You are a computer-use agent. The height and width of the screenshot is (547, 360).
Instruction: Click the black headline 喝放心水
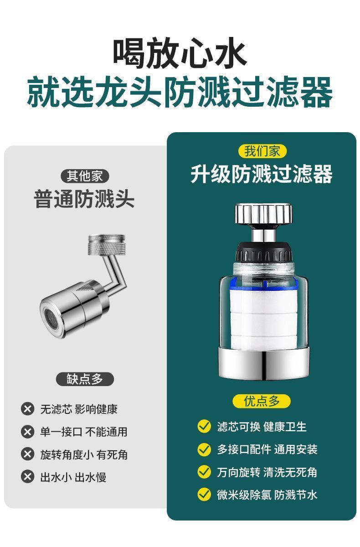click(x=180, y=53)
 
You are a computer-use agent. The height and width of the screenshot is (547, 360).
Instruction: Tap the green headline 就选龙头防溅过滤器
click(x=180, y=92)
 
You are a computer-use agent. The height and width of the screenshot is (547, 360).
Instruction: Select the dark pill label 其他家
click(x=85, y=176)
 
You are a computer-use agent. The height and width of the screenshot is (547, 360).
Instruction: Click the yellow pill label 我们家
click(x=262, y=151)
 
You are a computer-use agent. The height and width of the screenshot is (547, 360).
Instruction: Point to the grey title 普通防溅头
click(x=84, y=199)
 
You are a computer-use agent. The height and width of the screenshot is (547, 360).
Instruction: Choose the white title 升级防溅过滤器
click(x=262, y=174)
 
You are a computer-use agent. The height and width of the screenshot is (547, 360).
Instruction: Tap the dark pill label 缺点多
click(x=85, y=379)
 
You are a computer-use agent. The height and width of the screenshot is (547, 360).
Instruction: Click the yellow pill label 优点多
click(x=262, y=401)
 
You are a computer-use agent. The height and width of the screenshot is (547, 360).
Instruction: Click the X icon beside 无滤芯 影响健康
click(x=28, y=409)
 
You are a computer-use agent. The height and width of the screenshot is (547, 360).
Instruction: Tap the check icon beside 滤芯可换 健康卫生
click(x=204, y=427)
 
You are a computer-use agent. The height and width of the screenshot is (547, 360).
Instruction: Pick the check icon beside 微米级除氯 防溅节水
click(x=204, y=495)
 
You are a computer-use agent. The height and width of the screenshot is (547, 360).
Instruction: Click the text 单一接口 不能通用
click(x=84, y=432)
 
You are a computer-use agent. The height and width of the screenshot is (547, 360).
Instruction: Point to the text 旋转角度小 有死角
click(x=84, y=454)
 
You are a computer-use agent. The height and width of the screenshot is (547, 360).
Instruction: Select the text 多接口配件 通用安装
click(x=267, y=449)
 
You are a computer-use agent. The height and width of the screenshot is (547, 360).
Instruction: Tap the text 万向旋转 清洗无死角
click(x=267, y=472)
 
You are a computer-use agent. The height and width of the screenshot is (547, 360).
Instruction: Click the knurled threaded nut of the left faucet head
click(x=107, y=245)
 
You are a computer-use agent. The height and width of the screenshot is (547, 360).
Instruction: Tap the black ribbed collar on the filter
click(x=263, y=252)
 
